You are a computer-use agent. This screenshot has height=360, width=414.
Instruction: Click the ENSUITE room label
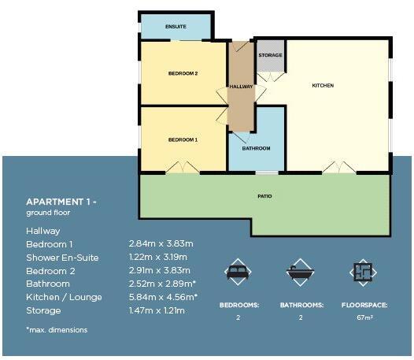(x=176, y=27)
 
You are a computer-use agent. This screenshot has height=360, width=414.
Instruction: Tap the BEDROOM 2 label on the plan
(x=183, y=74)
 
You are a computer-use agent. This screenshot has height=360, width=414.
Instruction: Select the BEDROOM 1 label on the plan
(x=183, y=139)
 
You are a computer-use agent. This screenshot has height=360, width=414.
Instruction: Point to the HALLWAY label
(x=241, y=86)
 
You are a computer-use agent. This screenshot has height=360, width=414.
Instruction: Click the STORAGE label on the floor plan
(x=270, y=55)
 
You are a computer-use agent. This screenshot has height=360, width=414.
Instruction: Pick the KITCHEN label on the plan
(x=323, y=85)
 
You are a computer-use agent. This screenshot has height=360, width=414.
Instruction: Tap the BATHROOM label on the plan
(x=256, y=148)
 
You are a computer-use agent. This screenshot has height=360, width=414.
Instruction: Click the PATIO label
(x=264, y=195)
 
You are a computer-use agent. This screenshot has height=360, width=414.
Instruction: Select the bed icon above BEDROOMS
(x=237, y=272)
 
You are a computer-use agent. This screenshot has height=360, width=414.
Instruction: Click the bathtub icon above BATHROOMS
(x=300, y=272)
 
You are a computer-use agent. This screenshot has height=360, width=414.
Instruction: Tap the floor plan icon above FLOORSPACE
(x=361, y=272)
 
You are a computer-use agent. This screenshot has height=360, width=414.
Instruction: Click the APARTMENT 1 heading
(x=61, y=202)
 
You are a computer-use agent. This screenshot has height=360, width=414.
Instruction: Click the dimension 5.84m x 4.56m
(x=162, y=296)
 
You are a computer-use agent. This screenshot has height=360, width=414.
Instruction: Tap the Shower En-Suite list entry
(x=62, y=258)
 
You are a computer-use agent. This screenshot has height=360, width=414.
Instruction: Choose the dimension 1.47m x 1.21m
(x=157, y=310)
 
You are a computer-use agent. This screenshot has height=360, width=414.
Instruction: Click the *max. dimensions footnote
(x=57, y=329)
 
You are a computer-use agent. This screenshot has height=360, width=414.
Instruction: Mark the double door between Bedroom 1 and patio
(x=187, y=168)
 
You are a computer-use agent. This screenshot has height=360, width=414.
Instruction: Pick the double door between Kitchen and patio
(x=339, y=168)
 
